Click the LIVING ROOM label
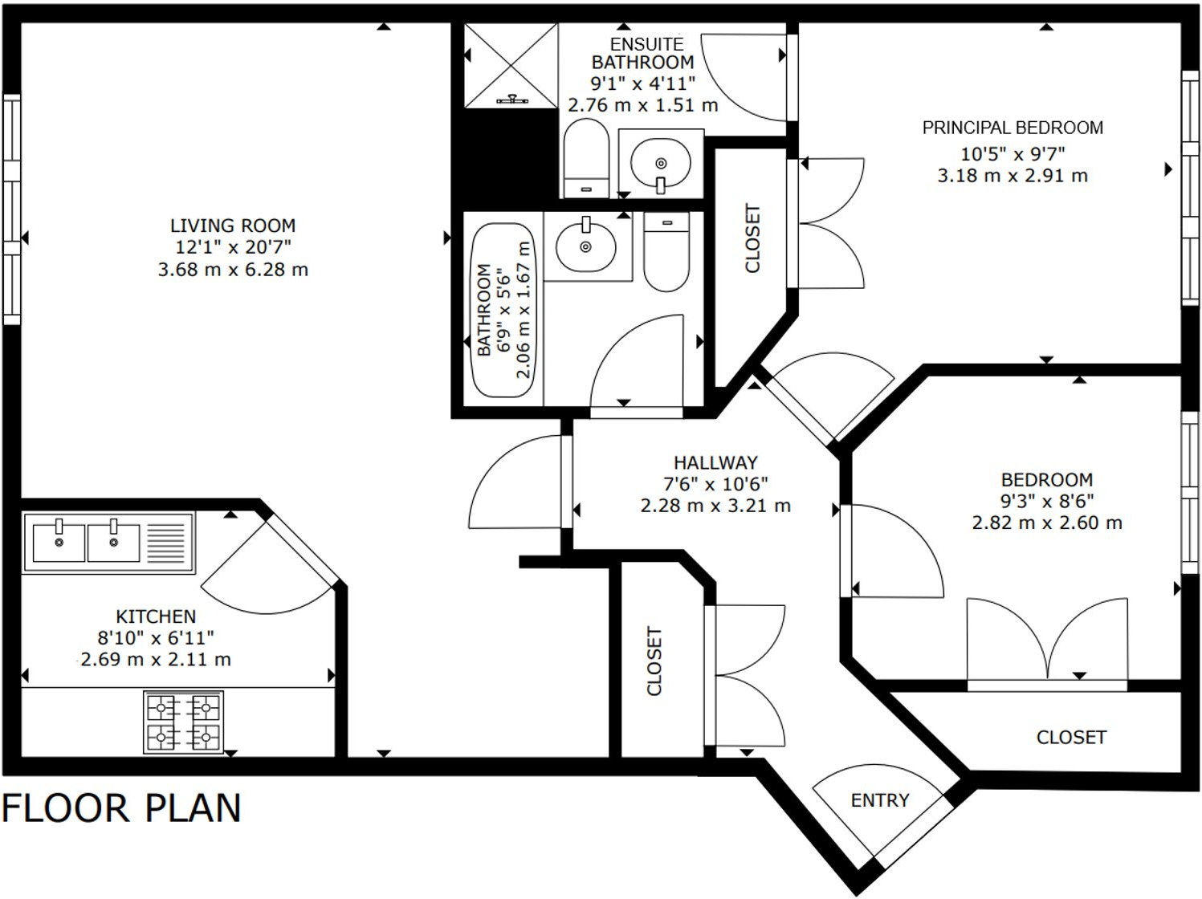click(x=232, y=226)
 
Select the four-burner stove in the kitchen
click(x=183, y=722)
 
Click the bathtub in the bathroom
click(x=503, y=310)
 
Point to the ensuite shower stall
click(x=511, y=65)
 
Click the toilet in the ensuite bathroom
click(x=586, y=158)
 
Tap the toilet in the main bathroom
click(x=666, y=251)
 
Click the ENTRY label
click(x=880, y=800)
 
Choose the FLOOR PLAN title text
click(x=121, y=808)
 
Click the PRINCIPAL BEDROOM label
click(x=1012, y=128)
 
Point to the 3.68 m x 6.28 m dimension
click(x=233, y=270)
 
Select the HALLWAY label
click(x=715, y=463)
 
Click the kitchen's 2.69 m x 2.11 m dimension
click(x=156, y=660)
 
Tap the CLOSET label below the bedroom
click(x=1071, y=737)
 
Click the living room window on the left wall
click(x=11, y=209)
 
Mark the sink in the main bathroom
click(x=586, y=244)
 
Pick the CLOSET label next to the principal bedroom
click(x=752, y=238)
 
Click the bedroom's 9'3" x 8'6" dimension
click(x=1046, y=502)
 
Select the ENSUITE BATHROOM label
click(x=644, y=53)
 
